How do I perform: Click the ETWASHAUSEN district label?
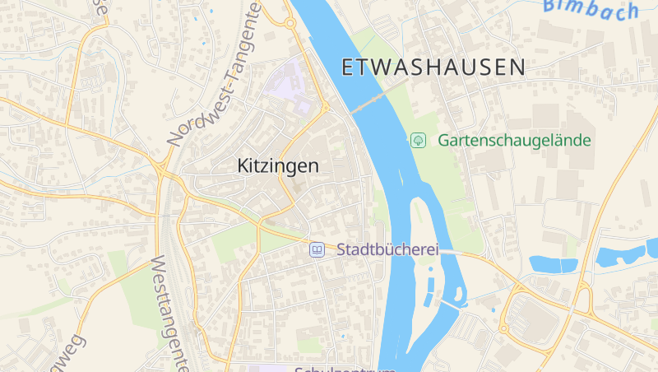click(433, 67)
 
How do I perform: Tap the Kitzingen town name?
click(277, 165)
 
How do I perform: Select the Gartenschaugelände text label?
click(514, 140)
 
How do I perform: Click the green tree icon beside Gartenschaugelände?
click(418, 140)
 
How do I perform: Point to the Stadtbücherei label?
click(386, 249)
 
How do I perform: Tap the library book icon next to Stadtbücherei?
click(316, 249)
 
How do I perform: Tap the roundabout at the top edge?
click(290, 24)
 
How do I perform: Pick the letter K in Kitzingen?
click(243, 165)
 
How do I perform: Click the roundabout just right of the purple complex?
click(326, 107)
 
